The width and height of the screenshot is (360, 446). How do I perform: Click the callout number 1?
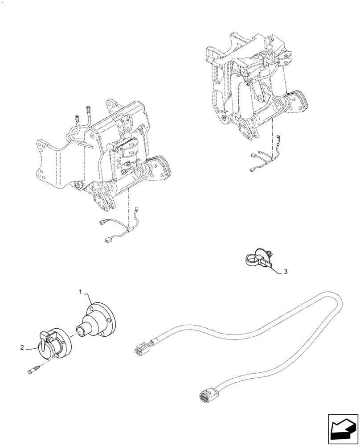81,292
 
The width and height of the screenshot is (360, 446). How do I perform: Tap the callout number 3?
286,272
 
